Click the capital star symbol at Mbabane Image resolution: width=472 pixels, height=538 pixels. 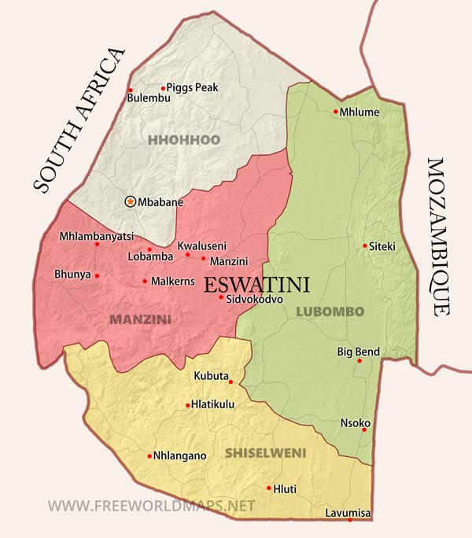130,202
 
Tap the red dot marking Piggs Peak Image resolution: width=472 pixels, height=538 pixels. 163,88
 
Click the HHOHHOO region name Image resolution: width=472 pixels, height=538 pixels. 183,140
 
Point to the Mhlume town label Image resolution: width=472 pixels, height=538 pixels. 361,112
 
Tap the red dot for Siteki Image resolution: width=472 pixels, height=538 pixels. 364,246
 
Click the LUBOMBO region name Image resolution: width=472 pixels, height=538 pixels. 330,311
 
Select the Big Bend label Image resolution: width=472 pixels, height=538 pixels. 358,351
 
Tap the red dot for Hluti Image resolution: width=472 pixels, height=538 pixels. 268,488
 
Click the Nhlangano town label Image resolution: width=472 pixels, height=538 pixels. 179,455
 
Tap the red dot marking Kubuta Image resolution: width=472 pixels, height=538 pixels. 230,382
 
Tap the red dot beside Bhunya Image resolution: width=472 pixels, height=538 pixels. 97,276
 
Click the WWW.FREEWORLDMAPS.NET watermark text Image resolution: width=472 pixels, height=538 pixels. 151,505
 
